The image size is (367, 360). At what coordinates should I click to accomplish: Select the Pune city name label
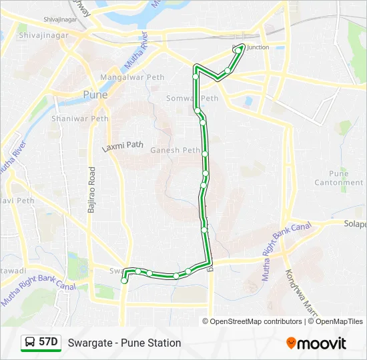coord(94,95)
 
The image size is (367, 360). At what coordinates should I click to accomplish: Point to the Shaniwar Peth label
coord(86,119)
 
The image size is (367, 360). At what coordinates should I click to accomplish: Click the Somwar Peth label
coord(192,98)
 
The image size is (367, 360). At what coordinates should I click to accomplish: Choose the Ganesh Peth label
coord(175,150)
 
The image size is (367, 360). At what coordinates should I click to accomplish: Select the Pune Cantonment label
coord(339,178)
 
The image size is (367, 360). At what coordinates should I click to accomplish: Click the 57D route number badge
coord(48,343)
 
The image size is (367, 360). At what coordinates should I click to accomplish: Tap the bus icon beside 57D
coord(30,343)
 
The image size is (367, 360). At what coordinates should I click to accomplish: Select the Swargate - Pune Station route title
coord(124,343)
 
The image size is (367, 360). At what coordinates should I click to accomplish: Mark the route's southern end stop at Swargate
coord(124,281)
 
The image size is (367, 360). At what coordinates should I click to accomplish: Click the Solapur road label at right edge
coord(355,224)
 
